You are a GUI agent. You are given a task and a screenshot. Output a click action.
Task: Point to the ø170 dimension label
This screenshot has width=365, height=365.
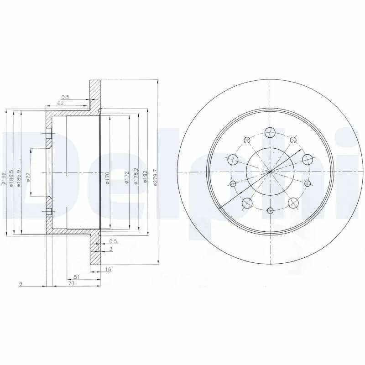(107, 177)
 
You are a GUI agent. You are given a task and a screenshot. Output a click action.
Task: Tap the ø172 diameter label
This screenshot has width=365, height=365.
(126, 177)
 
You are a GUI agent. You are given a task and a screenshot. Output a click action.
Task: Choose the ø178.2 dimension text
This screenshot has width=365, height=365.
(136, 177)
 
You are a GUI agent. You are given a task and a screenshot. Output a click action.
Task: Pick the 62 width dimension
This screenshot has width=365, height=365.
(60, 103)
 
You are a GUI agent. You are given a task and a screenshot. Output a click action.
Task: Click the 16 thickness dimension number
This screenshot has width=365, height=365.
(108, 270)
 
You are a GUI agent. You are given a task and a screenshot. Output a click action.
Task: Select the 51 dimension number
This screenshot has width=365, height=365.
(76, 277)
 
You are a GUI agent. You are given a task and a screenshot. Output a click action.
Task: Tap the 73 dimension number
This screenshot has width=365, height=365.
(71, 284)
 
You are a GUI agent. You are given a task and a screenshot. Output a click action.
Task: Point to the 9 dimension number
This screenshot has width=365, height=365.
(21, 284)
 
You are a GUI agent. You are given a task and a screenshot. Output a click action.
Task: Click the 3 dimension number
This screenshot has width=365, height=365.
(110, 249)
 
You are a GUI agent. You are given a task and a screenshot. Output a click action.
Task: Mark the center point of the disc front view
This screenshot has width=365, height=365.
(270, 172)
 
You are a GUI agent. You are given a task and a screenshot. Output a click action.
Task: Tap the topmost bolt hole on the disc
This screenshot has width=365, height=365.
(270, 133)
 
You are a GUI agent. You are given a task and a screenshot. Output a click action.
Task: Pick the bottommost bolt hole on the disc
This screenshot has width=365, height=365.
(270, 210)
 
